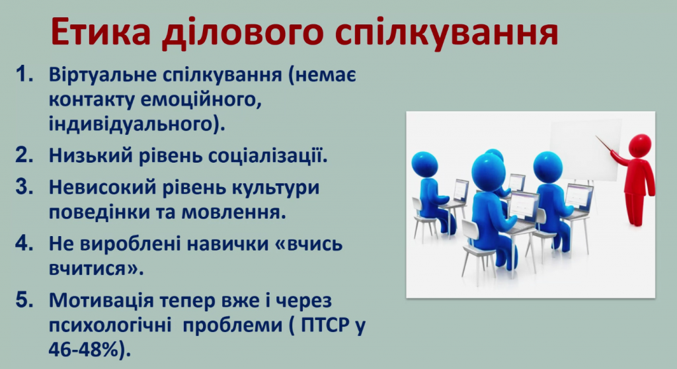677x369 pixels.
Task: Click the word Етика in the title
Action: (100, 32)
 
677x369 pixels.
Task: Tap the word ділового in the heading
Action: (243, 32)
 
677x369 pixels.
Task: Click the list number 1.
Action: (24, 75)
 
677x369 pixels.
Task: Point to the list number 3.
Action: (24, 187)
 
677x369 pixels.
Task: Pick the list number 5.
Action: (24, 300)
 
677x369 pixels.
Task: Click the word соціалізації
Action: (266, 155)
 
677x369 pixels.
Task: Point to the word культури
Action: (276, 188)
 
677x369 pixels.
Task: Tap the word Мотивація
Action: (101, 301)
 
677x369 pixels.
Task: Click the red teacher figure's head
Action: (639, 145)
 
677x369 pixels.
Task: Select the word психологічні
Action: (110, 325)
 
